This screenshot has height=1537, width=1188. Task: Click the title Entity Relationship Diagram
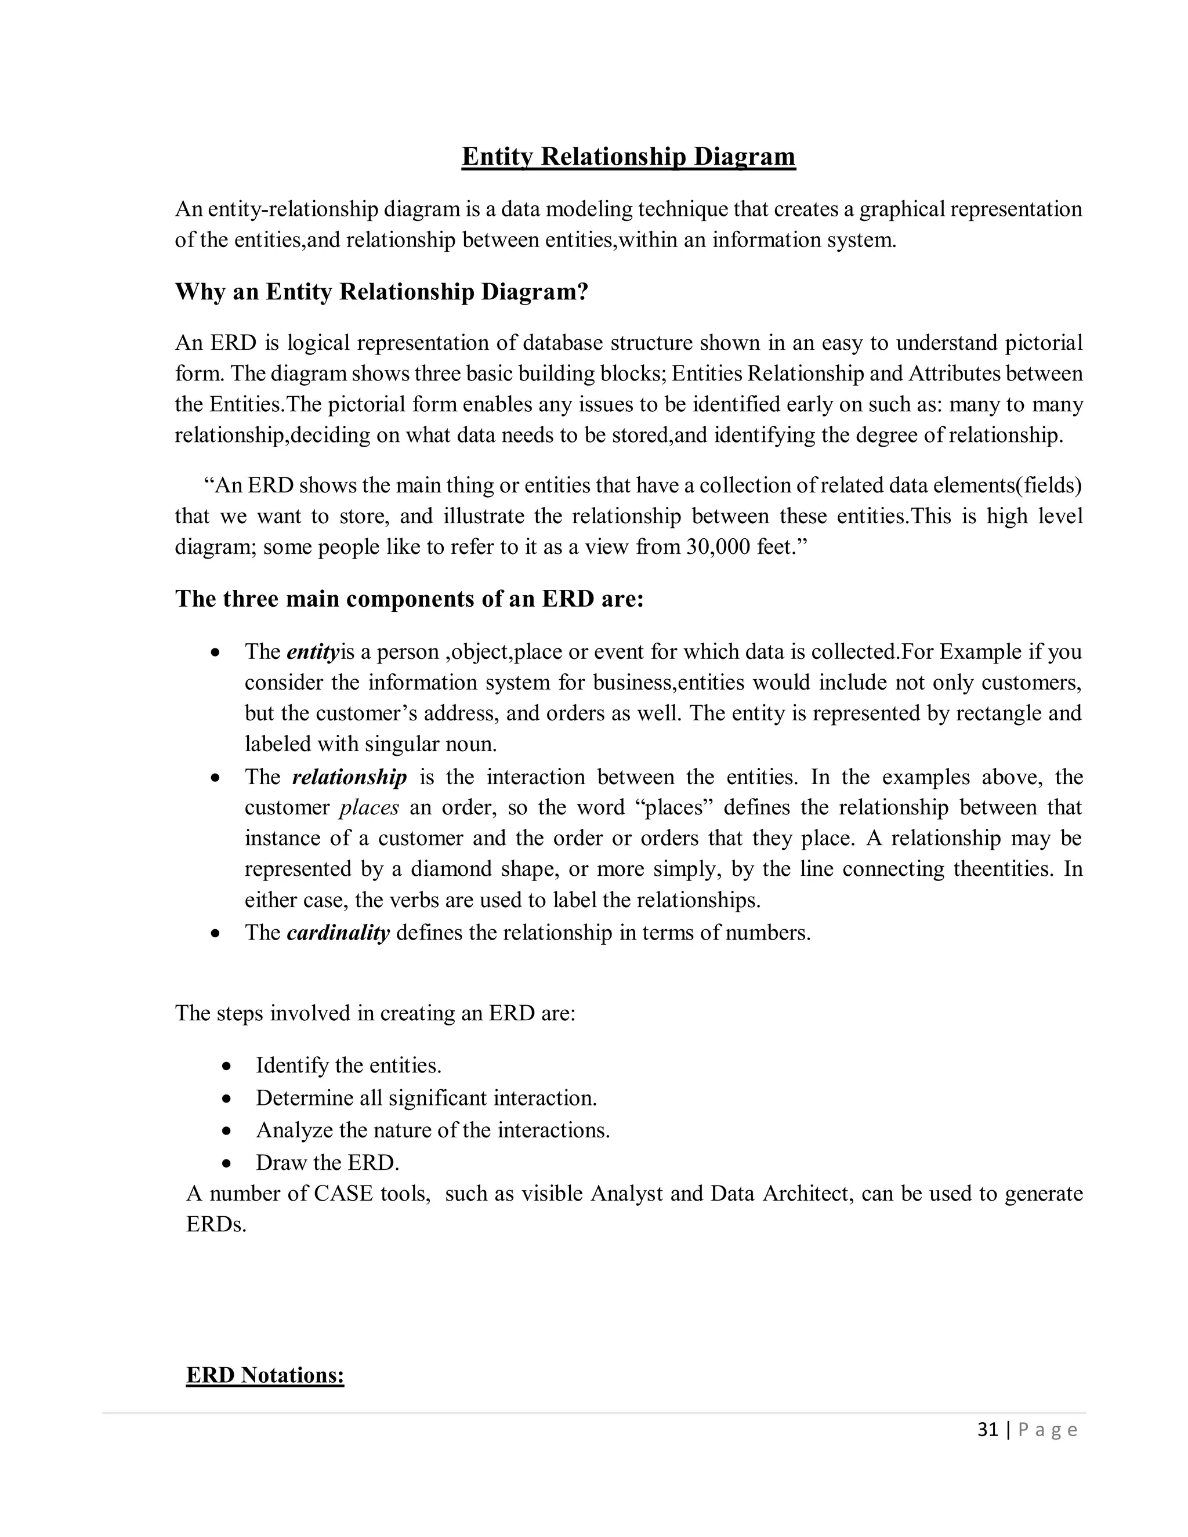coord(628,156)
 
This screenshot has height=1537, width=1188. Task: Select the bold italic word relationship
coord(349,777)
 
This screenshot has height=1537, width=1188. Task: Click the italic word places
coord(369,807)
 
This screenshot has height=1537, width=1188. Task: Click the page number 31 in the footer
coord(987,1429)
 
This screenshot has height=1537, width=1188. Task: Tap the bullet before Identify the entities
coord(226,1067)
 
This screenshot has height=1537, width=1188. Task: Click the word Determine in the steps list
coord(300,1098)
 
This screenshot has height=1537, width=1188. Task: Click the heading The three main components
coord(409,599)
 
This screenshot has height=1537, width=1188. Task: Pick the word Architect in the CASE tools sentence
coord(805,1194)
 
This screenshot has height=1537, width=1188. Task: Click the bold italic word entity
coord(313,652)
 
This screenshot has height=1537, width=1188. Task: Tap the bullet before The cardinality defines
coord(215,934)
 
